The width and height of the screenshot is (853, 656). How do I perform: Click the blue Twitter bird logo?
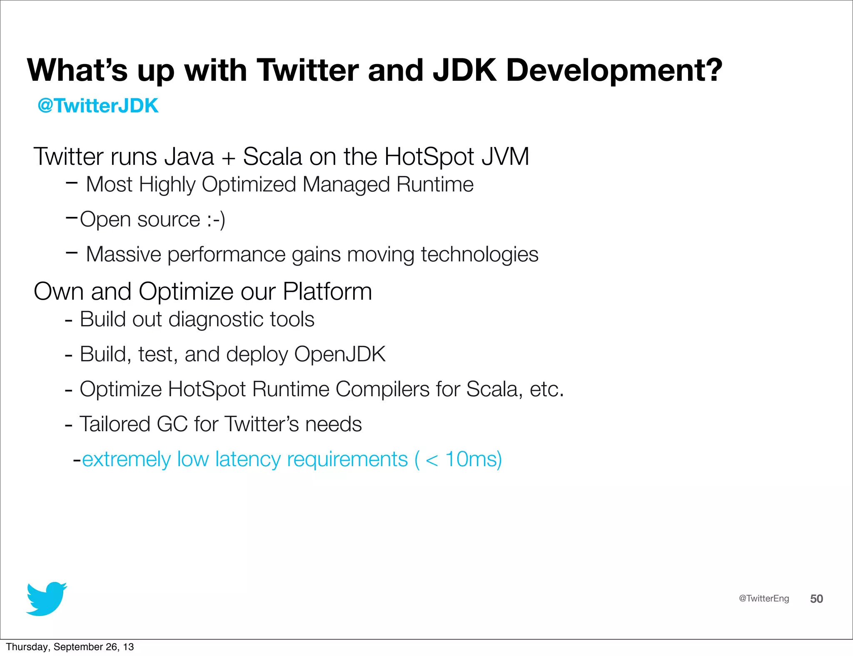coord(46,599)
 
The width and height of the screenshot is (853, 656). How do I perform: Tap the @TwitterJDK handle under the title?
coord(98,106)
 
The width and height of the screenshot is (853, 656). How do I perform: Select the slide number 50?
coord(816,599)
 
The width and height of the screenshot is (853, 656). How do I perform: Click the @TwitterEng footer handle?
coord(764,599)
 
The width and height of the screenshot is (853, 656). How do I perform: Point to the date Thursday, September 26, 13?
coord(70,647)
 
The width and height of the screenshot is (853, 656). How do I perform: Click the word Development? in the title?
coord(614,70)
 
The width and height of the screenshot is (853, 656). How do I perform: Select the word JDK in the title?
coord(465,70)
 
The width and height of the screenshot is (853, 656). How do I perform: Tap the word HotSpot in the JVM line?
coord(429,157)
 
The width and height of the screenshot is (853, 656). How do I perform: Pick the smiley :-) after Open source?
coord(216,219)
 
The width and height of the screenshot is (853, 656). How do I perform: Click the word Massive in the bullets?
coord(123,254)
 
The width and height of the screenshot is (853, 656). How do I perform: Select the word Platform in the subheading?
coord(327,291)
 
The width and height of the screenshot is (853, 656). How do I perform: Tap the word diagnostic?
coord(216,320)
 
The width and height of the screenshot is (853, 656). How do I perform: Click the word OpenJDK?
coord(340,354)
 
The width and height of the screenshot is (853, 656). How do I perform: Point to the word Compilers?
coord(382,389)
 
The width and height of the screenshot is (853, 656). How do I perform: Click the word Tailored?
coord(115,424)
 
